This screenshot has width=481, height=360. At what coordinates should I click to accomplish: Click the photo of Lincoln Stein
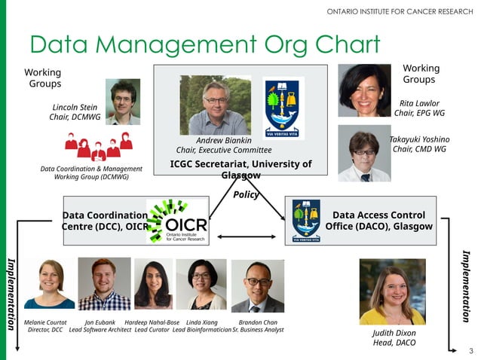pos(122,102)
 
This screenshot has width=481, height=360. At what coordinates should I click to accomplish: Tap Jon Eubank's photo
pos(104,284)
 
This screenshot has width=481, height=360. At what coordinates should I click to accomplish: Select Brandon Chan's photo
pos(257,286)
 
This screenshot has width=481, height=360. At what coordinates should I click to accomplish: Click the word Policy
pos(247,194)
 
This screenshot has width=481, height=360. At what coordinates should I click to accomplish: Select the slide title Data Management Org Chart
pos(204,44)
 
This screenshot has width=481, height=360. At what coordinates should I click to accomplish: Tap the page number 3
pos(470,351)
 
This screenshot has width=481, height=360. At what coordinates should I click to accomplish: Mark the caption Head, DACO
pos(394,343)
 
